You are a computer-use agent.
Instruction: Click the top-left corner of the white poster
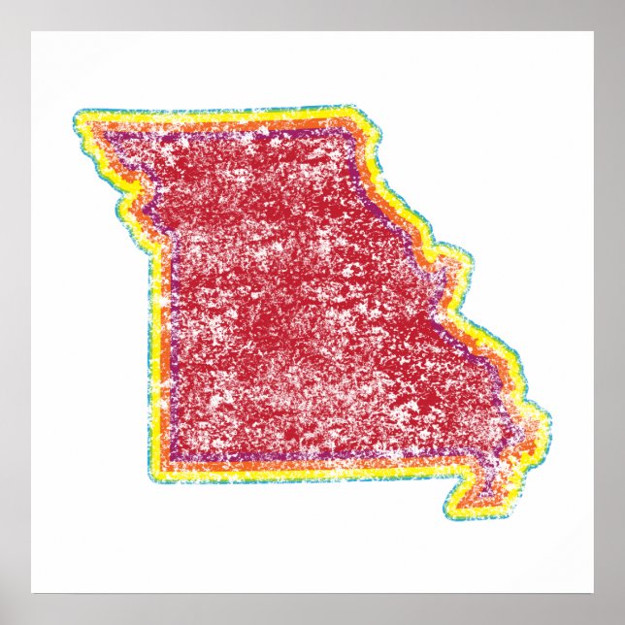(31, 31)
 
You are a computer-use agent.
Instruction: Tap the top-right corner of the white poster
(594, 31)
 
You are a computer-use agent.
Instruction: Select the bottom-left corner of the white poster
(31, 593)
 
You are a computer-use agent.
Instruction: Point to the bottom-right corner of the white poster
(594, 593)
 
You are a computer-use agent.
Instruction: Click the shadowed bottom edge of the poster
(312, 595)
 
